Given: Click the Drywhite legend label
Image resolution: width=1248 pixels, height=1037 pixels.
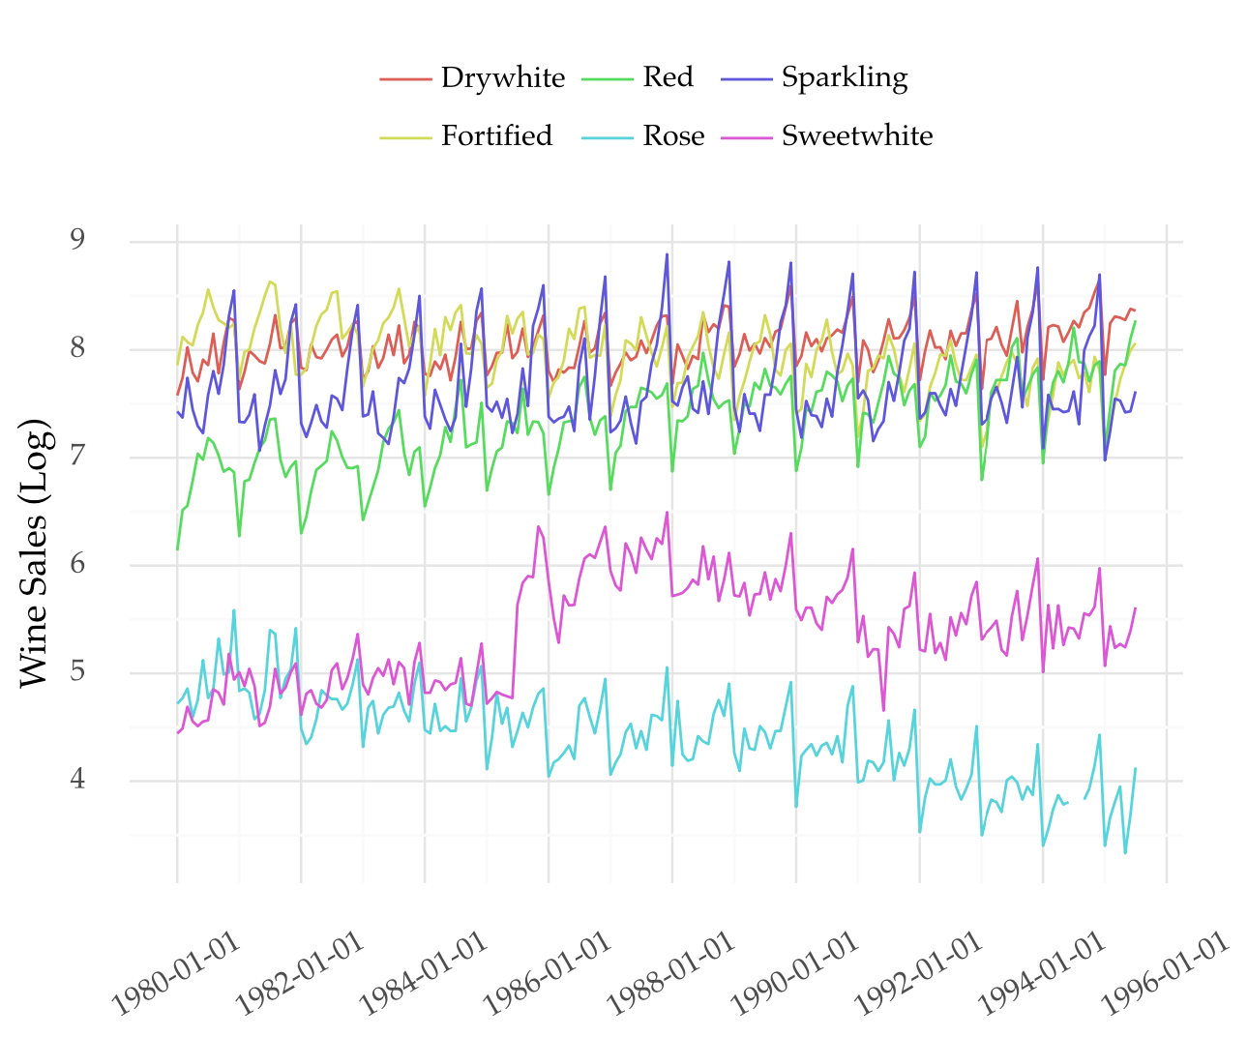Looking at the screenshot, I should [x=502, y=77].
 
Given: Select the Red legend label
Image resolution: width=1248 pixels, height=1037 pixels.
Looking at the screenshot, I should [x=668, y=77].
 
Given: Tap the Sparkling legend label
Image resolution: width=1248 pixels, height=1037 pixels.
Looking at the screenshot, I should [x=844, y=77].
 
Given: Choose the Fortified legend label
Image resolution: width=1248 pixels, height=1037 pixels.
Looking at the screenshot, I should [x=496, y=136].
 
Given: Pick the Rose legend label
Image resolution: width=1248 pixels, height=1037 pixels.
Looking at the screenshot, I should [x=673, y=136].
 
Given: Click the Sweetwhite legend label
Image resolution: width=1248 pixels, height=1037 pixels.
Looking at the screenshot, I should [x=856, y=136].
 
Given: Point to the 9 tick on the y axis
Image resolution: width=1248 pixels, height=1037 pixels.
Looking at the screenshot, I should [x=77, y=240].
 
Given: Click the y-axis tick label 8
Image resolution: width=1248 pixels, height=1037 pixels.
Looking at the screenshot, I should [x=77, y=348].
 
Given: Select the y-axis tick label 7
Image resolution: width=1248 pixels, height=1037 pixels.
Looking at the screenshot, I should [x=77, y=456].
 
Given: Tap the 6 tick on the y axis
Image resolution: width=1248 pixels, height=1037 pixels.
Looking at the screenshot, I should [x=77, y=564].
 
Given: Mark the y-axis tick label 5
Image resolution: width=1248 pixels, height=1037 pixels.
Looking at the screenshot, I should [x=77, y=671].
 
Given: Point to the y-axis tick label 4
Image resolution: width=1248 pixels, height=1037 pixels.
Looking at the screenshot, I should [x=77, y=780].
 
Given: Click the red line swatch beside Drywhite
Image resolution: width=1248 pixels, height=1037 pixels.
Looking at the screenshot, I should [x=405, y=78].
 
